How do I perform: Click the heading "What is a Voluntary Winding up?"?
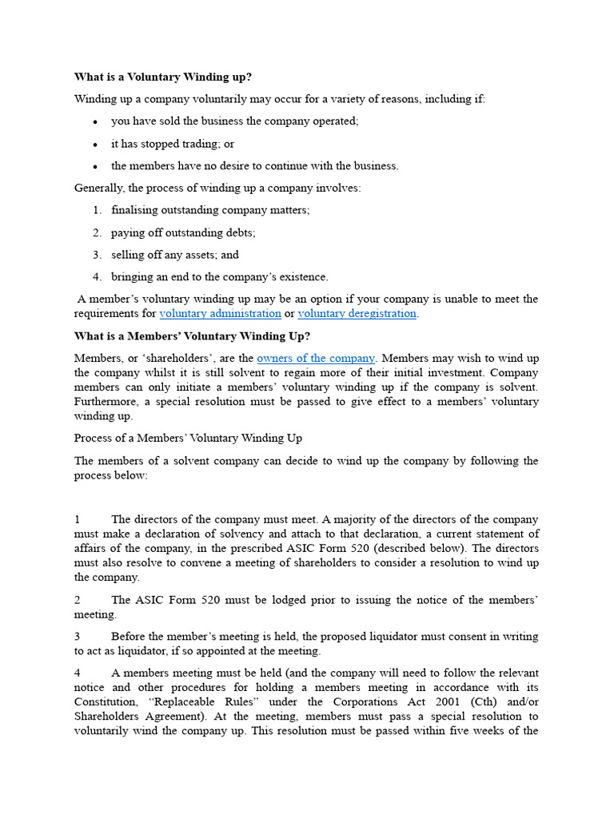(162, 77)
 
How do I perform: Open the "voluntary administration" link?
(220, 314)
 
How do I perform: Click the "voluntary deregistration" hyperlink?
(357, 314)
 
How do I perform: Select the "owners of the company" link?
(316, 359)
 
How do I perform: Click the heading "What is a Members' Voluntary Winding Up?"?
(192, 336)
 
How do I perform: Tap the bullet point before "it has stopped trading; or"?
(95, 145)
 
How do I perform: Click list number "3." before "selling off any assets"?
(97, 255)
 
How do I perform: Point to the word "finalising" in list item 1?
(137, 210)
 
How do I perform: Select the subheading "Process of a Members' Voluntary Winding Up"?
(188, 439)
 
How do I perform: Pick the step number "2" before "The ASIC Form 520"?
(78, 600)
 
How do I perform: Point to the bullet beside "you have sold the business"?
(95, 122)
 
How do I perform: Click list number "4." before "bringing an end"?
(97, 277)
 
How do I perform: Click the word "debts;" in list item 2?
(239, 232)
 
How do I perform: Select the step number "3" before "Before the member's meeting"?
(78, 637)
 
